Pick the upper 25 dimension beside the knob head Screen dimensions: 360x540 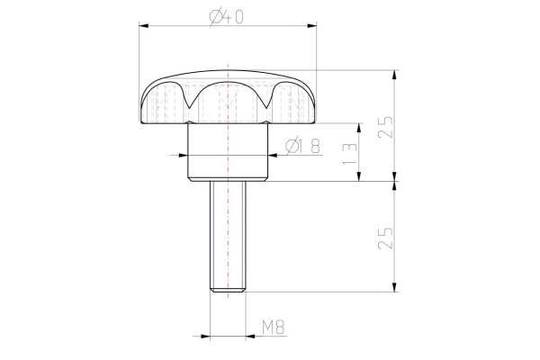point(385,127)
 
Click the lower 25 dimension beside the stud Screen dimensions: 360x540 point(385,238)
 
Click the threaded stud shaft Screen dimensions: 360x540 point(229,234)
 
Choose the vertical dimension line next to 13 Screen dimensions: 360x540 point(361,151)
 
